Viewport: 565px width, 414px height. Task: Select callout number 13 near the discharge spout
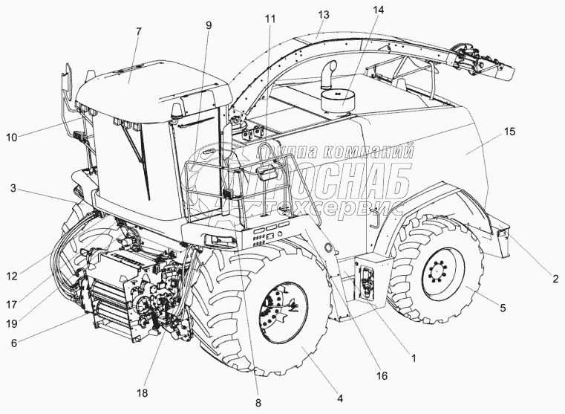322,14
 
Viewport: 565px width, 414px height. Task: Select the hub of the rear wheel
441,276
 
